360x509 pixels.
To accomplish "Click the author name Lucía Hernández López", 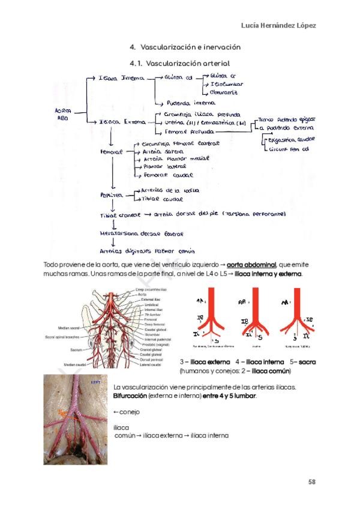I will click(x=278, y=25).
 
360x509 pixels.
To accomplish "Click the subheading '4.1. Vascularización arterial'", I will click(x=179, y=63).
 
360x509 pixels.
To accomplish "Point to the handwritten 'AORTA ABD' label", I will click(x=63, y=115).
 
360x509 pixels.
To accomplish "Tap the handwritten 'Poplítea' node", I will click(x=112, y=196).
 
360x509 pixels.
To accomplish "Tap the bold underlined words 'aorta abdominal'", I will click(x=251, y=265).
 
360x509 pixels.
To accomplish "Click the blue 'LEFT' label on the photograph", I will click(x=95, y=381).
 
